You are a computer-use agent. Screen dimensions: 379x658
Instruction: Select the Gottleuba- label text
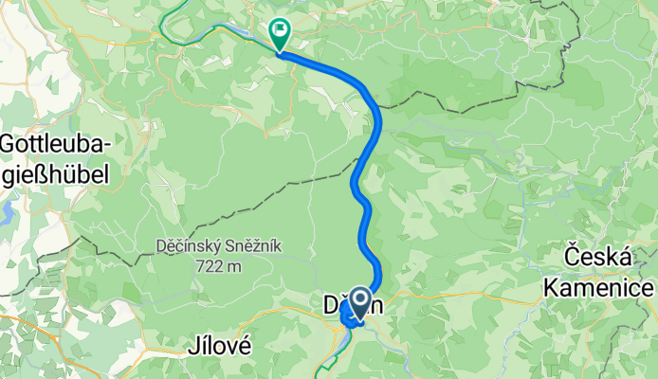[57, 145]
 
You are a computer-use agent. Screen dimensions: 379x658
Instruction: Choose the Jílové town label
[221, 348]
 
